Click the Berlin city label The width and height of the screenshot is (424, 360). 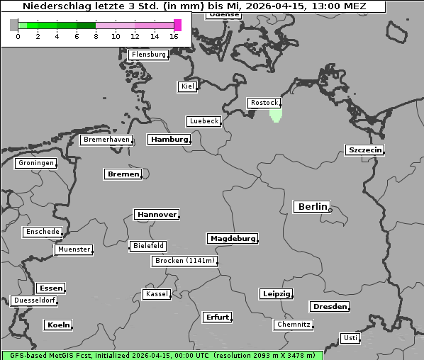pos(311,207)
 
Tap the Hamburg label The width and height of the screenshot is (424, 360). pos(169,140)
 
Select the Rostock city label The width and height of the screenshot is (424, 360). pos(264,103)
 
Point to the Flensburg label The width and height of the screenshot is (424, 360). pos(148,55)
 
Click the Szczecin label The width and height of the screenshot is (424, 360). pos(364,150)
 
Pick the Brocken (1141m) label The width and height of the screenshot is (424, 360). pos(184,261)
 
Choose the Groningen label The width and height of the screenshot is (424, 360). pos(35,163)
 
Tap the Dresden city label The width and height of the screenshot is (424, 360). pos(329,307)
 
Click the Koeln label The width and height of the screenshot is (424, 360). pos(58,325)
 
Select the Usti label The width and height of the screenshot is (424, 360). pos(350,338)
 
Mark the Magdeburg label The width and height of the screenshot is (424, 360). pos(232,239)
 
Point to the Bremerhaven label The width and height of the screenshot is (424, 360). pos(106,140)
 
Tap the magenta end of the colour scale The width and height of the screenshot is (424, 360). pos(177,25)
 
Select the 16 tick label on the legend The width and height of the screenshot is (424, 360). pos(174,36)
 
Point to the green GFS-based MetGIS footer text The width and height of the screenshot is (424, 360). pos(162,355)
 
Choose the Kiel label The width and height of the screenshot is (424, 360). pos(187,86)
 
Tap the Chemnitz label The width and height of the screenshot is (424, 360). pos(293,325)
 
